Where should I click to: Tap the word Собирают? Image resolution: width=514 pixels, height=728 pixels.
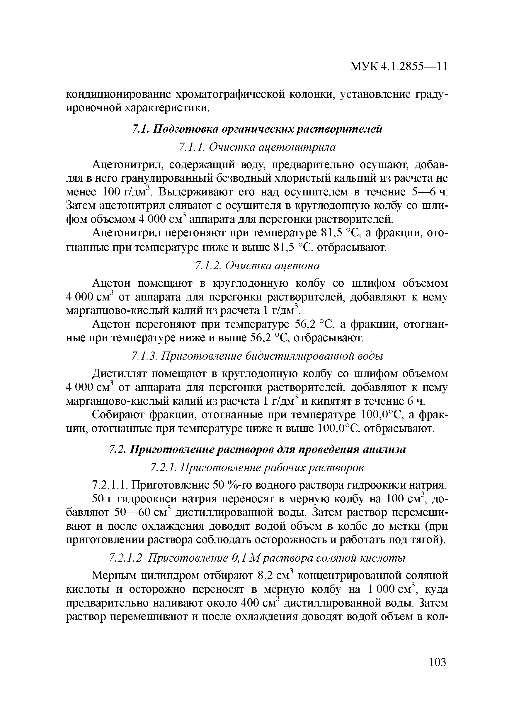118,415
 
